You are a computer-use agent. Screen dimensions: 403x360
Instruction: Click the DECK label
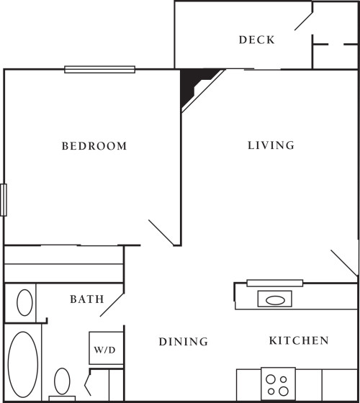[x=256, y=40]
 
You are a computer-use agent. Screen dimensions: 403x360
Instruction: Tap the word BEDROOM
[x=94, y=146]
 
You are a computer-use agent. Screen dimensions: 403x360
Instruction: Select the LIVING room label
[x=271, y=145]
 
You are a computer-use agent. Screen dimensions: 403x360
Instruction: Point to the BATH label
[x=86, y=299]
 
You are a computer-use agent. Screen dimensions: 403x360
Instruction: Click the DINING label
[x=184, y=342]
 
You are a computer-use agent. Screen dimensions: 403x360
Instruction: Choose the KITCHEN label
[x=299, y=341]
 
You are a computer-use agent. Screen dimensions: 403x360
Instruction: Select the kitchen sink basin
[x=274, y=299]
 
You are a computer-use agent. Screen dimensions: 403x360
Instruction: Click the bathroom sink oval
[x=24, y=301]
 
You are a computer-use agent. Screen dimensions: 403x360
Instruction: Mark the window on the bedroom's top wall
[x=99, y=70]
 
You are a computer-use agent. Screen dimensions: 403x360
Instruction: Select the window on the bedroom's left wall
[x=4, y=199]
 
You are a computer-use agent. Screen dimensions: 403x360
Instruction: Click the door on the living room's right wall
[x=344, y=263]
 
